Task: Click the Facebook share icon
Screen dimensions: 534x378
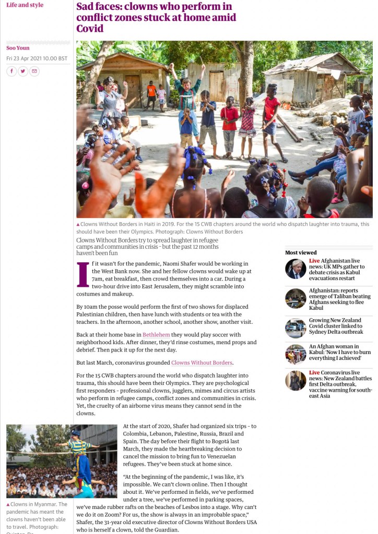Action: pyautogui.click(x=11, y=71)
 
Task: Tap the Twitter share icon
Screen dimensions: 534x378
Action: pyautogui.click(x=23, y=71)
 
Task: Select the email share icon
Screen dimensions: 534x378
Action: pyautogui.click(x=34, y=71)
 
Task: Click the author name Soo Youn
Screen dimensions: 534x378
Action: pyautogui.click(x=18, y=48)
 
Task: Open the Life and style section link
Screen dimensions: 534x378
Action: pyautogui.click(x=25, y=5)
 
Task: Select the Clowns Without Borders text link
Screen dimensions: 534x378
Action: pyautogui.click(x=202, y=362)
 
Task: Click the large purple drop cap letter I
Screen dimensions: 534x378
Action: pyautogui.click(x=82, y=275)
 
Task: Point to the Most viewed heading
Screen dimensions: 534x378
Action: pyautogui.click(x=301, y=253)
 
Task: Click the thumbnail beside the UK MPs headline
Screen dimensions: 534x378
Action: pyautogui.click(x=296, y=269)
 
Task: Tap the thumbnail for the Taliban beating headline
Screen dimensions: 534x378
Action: pyautogui.click(x=296, y=298)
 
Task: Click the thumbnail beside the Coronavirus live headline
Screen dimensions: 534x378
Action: pyautogui.click(x=296, y=381)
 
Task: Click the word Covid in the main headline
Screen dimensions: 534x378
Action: pyautogui.click(x=90, y=29)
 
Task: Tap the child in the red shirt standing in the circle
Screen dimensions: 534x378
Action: pyautogui.click(x=230, y=123)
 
